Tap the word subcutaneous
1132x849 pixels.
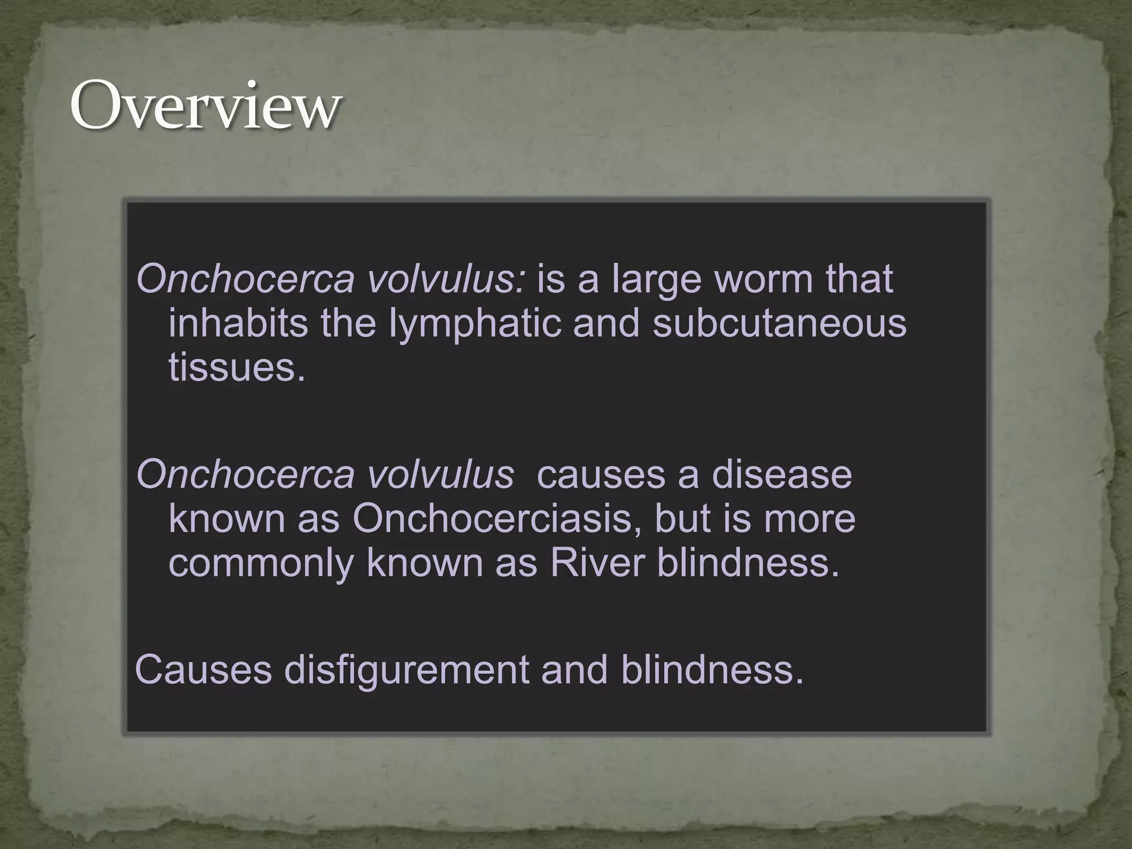click(779, 323)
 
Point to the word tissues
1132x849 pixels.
click(237, 367)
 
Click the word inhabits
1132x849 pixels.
click(238, 323)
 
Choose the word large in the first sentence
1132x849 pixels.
click(657, 280)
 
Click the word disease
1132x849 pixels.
click(782, 474)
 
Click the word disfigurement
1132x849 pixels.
click(406, 669)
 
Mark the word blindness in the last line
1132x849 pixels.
click(712, 669)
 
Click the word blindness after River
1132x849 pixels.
click(747, 563)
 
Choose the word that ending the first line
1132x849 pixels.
click(860, 279)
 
